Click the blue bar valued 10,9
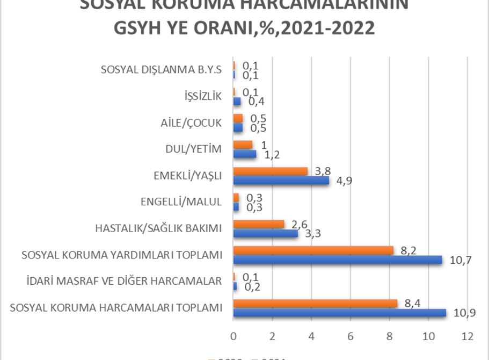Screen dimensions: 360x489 pyautogui.click(x=339, y=313)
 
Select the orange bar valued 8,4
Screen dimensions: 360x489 pyautogui.click(x=315, y=304)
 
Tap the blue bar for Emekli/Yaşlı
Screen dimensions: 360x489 pyautogui.click(x=281, y=181)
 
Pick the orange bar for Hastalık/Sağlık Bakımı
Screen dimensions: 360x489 pyautogui.click(x=259, y=224)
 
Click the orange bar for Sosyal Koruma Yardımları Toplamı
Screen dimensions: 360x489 pyautogui.click(x=313, y=250)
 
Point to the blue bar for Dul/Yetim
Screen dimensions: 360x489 pyautogui.click(x=244, y=154)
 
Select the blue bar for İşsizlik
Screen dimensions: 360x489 pyautogui.click(x=237, y=101)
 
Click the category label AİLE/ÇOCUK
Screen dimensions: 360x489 pyautogui.click(x=191, y=123)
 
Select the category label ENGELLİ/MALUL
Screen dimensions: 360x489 pyautogui.click(x=181, y=202)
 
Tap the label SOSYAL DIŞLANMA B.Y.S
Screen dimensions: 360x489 pyautogui.click(x=162, y=70)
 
